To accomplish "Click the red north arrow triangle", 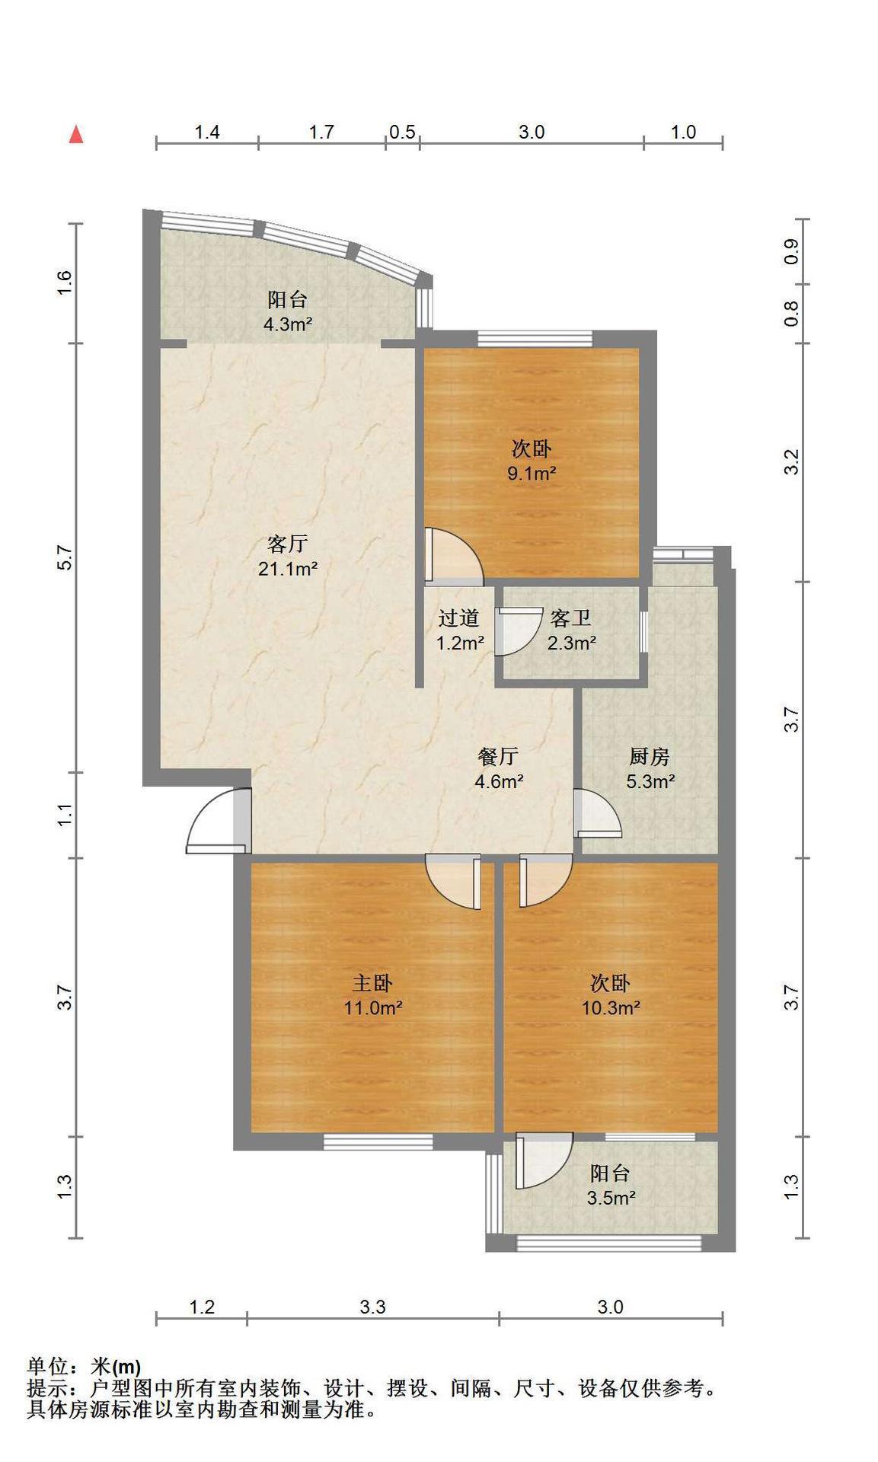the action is click(x=76, y=135).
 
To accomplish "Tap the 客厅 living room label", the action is click(x=288, y=544).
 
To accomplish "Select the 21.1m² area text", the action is click(x=288, y=568).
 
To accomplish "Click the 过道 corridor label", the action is click(x=459, y=618).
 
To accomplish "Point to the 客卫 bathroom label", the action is click(x=571, y=618).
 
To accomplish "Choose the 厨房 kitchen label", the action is click(x=650, y=756).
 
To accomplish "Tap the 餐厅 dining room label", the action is click(x=499, y=756).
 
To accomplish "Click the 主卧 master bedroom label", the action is click(x=372, y=983).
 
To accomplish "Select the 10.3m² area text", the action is click(x=611, y=1007).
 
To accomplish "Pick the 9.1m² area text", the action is click(x=532, y=473).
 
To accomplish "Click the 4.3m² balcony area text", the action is click(x=288, y=324).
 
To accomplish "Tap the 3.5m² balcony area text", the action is click(x=611, y=1198).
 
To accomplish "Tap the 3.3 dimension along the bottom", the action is click(x=372, y=1307).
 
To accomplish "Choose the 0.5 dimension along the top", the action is click(x=402, y=132).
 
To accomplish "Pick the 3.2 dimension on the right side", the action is click(x=792, y=462).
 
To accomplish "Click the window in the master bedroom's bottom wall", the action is click(x=378, y=1141).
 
